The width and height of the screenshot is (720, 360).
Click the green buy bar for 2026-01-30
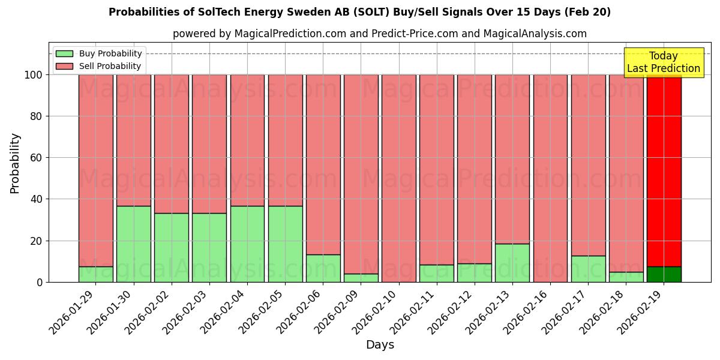133,244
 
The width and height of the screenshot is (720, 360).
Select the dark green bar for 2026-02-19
664,274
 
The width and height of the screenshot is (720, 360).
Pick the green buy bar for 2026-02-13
512,263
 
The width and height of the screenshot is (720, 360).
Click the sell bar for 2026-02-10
398,178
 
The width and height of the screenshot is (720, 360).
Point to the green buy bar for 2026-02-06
323,268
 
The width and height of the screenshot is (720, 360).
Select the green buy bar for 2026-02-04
247,244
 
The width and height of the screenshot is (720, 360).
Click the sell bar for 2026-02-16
550,178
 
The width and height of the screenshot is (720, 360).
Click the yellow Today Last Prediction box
663,62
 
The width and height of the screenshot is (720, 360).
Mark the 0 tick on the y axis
39,282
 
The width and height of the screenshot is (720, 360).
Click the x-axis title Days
380,345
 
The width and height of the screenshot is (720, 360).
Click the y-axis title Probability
15,163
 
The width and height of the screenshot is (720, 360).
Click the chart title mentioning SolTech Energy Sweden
359,12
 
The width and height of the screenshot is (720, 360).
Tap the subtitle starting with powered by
379,34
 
